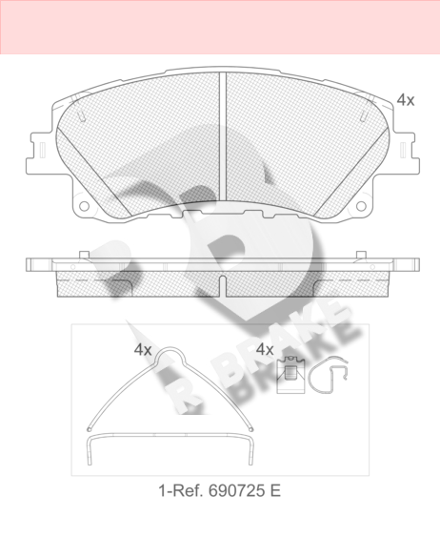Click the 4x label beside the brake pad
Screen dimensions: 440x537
(406, 100)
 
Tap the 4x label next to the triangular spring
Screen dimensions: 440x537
(143, 350)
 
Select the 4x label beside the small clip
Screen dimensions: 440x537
(265, 350)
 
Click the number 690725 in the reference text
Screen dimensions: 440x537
(237, 491)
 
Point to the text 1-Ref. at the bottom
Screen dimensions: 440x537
(182, 491)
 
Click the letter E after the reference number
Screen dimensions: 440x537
(275, 491)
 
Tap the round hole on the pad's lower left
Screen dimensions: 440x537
(84, 206)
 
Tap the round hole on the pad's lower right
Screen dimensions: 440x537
(361, 206)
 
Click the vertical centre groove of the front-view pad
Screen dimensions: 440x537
(223, 136)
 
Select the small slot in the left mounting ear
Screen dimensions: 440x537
(43, 150)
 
